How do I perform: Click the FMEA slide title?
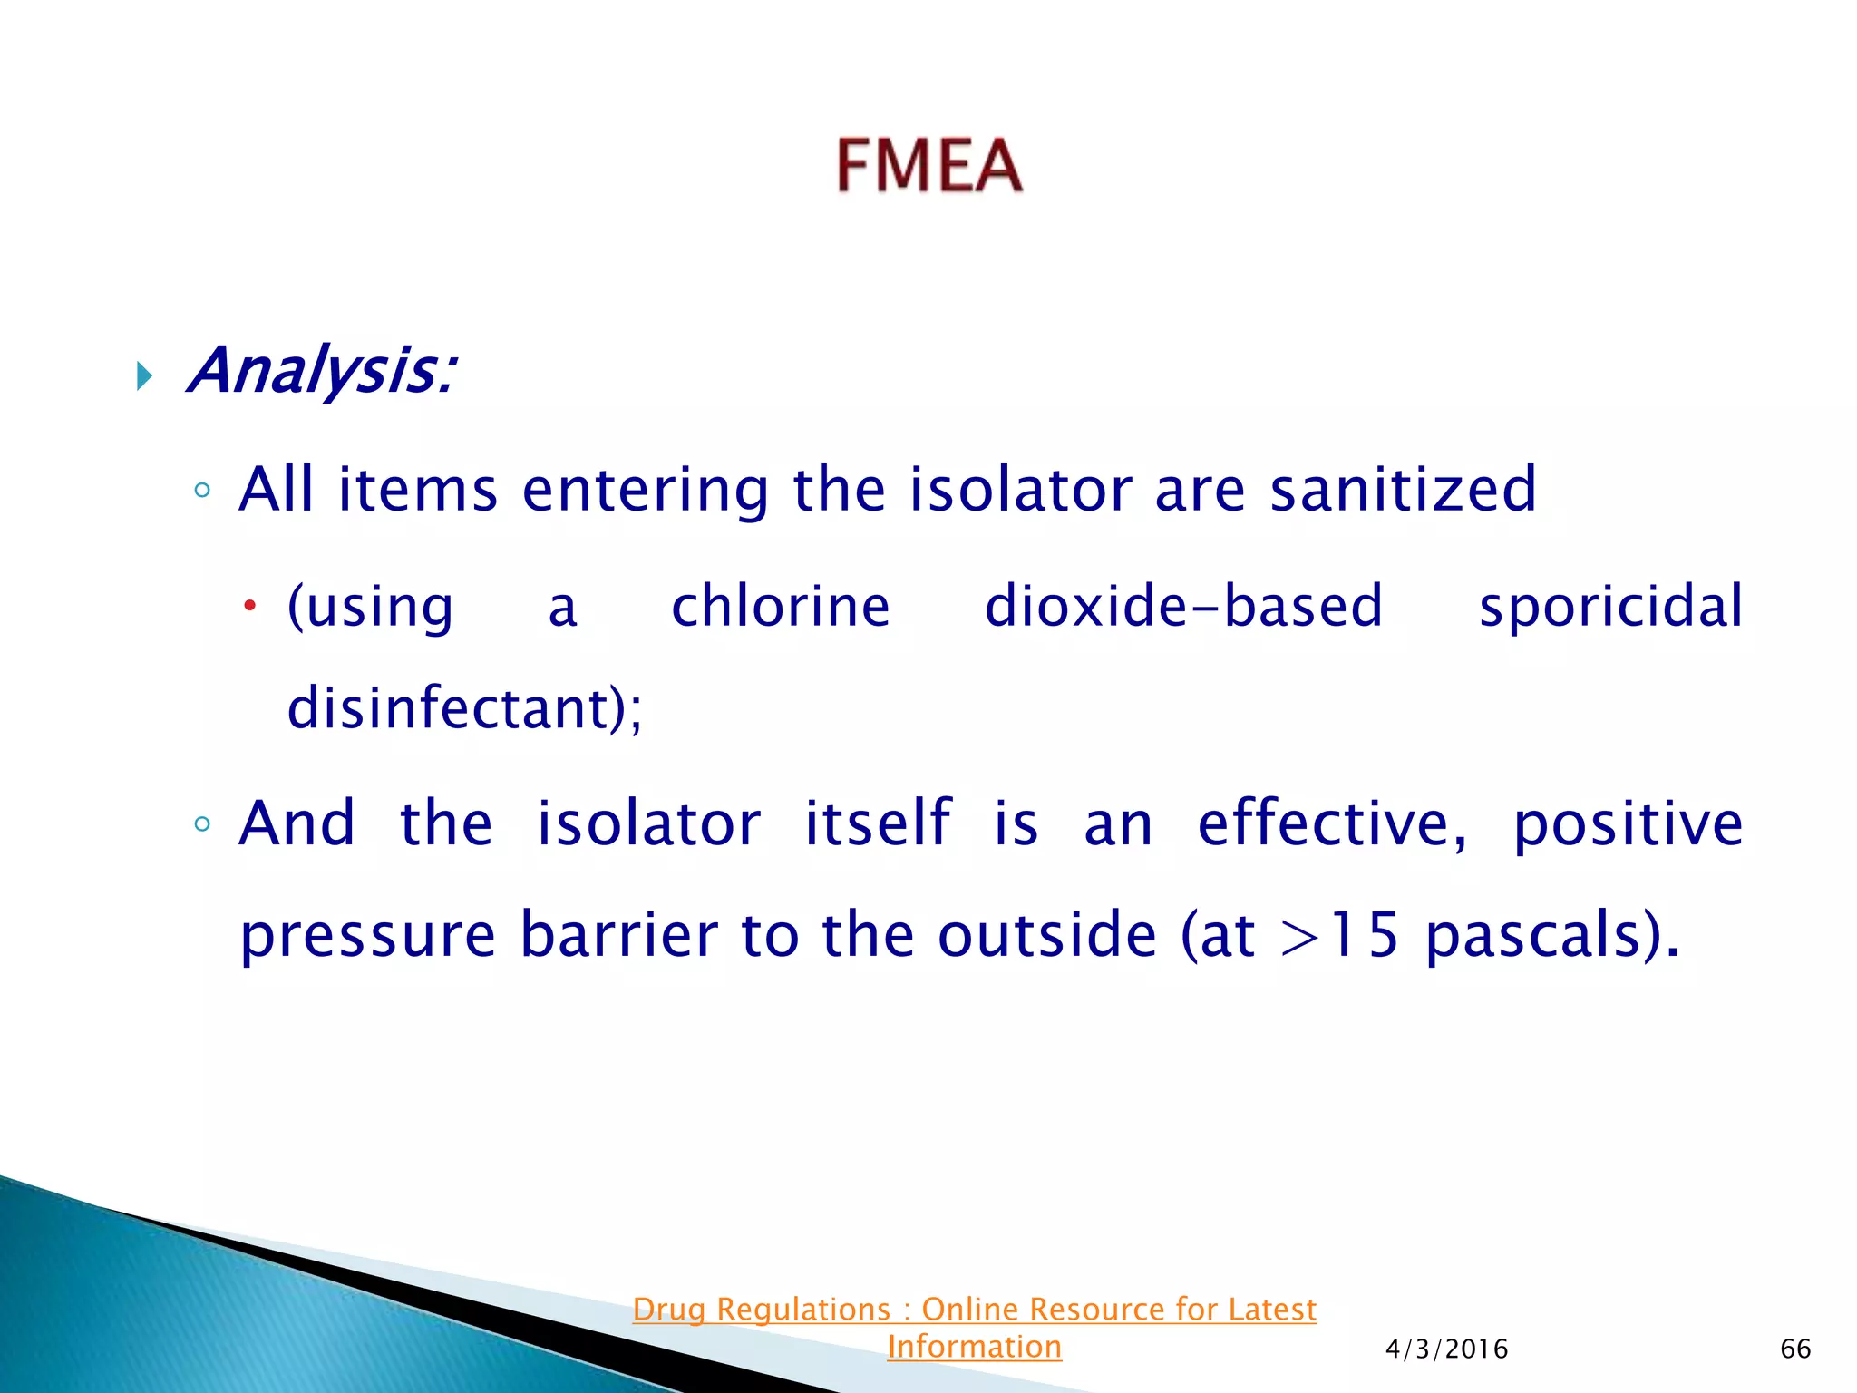point(928,165)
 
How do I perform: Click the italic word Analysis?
point(322,372)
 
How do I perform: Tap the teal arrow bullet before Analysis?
point(144,375)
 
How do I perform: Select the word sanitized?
point(1402,490)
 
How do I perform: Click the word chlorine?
point(780,606)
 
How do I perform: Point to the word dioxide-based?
point(1183,606)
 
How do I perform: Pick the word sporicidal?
point(1610,606)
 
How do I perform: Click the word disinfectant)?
point(464,707)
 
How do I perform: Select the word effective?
point(1331,823)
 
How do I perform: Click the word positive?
point(1628,825)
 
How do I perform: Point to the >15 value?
point(1339,934)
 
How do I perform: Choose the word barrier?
point(618,934)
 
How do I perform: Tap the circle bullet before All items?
point(202,491)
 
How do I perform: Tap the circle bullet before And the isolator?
point(202,824)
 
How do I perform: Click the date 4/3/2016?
point(1446,1349)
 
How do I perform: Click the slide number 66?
point(1795,1349)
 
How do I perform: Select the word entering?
point(646,490)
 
